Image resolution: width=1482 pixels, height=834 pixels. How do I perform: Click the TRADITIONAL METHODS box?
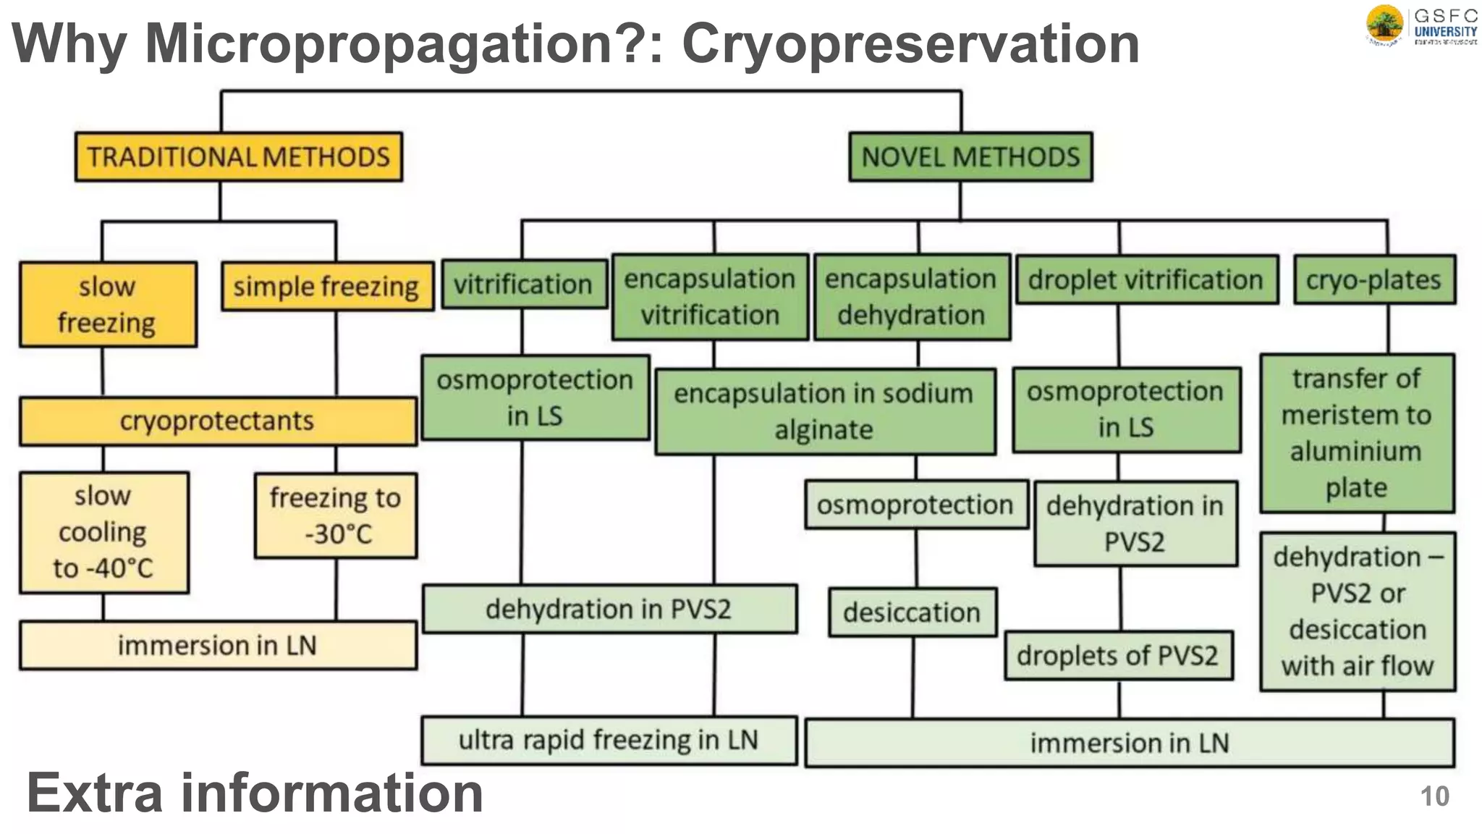(238, 156)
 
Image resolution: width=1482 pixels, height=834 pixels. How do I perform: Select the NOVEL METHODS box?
(970, 156)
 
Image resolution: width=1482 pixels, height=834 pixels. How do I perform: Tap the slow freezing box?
(107, 304)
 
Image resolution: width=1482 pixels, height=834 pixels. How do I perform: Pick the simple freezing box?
(326, 287)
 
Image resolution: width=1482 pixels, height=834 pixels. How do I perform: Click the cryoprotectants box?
(217, 421)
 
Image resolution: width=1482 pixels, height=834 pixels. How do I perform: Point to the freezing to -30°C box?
(336, 515)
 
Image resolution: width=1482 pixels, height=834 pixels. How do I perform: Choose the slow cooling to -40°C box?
(103, 532)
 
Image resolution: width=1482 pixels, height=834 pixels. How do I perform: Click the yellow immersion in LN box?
(217, 645)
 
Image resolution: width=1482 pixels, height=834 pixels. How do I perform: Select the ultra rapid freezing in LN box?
(609, 741)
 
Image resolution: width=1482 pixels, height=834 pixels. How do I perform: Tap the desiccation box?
(912, 612)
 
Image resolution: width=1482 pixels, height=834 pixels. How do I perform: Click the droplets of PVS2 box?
(1118, 655)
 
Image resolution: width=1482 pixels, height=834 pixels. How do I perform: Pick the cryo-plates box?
(1373, 279)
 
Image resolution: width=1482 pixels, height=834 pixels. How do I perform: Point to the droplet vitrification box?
(1146, 279)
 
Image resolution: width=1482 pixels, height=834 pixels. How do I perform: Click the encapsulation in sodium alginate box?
(824, 411)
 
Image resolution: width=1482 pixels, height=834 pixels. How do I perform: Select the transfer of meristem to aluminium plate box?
(1356, 433)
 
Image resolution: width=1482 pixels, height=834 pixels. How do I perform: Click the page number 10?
(1434, 796)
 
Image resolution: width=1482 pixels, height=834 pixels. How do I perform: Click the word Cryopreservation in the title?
(910, 43)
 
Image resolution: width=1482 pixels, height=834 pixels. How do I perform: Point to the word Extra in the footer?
(95, 793)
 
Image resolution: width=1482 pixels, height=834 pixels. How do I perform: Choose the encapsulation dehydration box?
(911, 297)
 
